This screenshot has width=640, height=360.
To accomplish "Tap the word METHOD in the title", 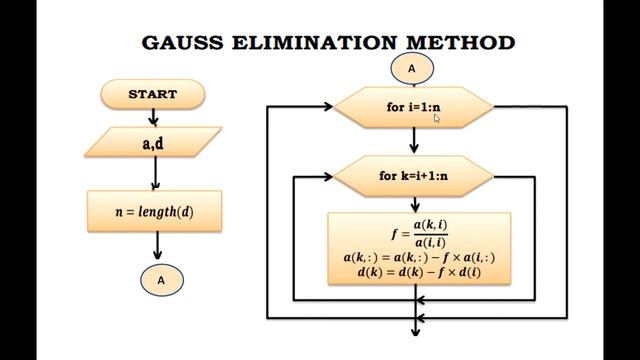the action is pyautogui.click(x=460, y=42).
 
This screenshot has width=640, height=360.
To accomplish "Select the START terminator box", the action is pyautogui.click(x=153, y=94).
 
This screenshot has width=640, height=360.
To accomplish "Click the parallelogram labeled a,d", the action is pyautogui.click(x=153, y=142).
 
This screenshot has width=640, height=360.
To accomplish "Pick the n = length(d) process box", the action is pyautogui.click(x=154, y=212).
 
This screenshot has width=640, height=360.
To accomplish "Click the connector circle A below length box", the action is pyautogui.click(x=161, y=281).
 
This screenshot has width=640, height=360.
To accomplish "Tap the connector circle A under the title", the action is pyautogui.click(x=411, y=68).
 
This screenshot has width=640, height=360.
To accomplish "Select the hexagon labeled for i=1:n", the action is pyautogui.click(x=412, y=107).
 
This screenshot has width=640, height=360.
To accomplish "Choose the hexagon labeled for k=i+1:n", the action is pyautogui.click(x=412, y=176).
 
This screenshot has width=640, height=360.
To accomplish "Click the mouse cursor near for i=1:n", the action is pyautogui.click(x=436, y=117).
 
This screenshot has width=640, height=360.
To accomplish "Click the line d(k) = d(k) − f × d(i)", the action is pyautogui.click(x=419, y=273).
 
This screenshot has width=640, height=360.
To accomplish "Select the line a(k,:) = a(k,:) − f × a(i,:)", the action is pyautogui.click(x=419, y=258).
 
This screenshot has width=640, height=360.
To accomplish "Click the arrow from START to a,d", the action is pyautogui.click(x=153, y=116).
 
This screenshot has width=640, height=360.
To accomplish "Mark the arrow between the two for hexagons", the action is pyautogui.click(x=413, y=141).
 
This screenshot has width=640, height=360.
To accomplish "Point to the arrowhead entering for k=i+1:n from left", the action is pyautogui.click(x=326, y=176).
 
